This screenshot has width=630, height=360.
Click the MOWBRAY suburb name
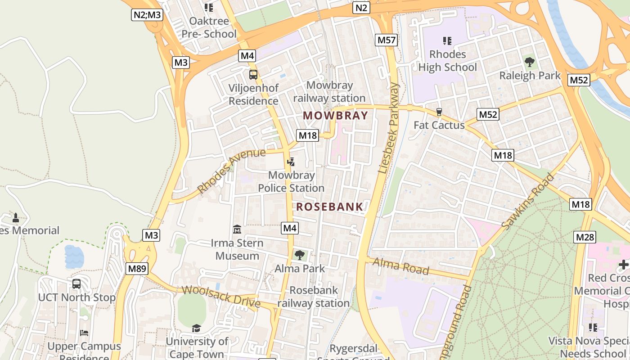click(x=335, y=116)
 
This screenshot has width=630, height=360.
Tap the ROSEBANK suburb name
click(x=329, y=207)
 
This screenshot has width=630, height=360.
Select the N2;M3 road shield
click(x=147, y=15)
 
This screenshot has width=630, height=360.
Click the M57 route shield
click(x=387, y=40)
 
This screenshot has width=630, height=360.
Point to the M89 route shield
click(x=136, y=269)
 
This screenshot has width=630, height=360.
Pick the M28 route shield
click(x=585, y=237)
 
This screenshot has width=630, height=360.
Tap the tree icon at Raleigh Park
click(x=530, y=62)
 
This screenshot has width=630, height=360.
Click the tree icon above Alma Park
click(x=299, y=255)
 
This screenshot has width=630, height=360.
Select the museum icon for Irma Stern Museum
click(x=237, y=229)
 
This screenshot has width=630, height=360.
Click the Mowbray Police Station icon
click(x=291, y=162)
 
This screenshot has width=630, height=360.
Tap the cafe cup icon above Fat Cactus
click(x=439, y=112)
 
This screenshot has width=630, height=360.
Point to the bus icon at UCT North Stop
click(x=76, y=284)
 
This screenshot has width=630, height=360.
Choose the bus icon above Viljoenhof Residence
click(x=253, y=75)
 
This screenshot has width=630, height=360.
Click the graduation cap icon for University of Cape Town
click(x=196, y=328)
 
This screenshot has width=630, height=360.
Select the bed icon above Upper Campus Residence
click(x=84, y=333)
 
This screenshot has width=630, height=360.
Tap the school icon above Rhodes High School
click(x=447, y=41)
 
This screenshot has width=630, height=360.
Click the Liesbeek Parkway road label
click(x=389, y=128)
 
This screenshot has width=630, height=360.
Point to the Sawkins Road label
click(x=528, y=202)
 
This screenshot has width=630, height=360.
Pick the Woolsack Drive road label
click(x=221, y=297)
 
